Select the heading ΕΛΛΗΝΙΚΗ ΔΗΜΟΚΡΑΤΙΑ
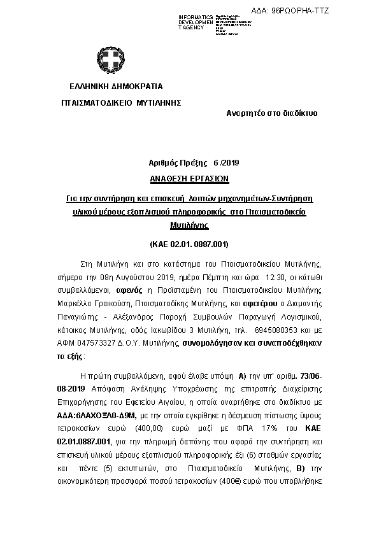[x=116, y=86]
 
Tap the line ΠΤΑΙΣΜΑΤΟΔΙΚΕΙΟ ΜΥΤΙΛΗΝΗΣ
[x=121, y=102]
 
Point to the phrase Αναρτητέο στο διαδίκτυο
[x=272, y=113]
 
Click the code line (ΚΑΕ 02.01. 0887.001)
[x=189, y=244]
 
